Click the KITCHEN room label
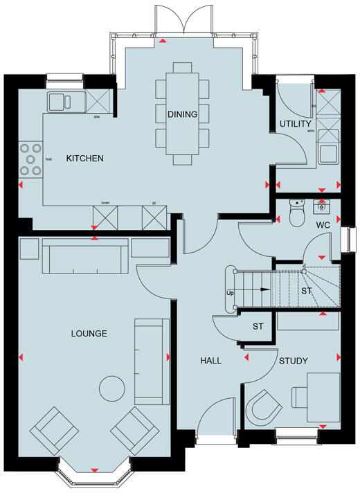(84, 159)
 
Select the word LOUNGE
(89, 334)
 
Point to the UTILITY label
(293, 124)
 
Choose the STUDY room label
(294, 361)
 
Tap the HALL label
(210, 361)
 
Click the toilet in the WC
(296, 215)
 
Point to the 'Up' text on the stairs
(230, 292)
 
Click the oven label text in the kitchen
(105, 204)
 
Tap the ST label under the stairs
(307, 292)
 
